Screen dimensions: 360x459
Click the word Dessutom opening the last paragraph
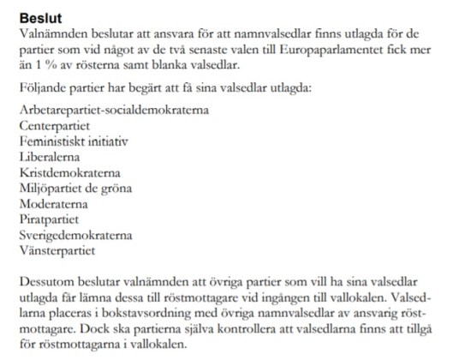tap(48, 282)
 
